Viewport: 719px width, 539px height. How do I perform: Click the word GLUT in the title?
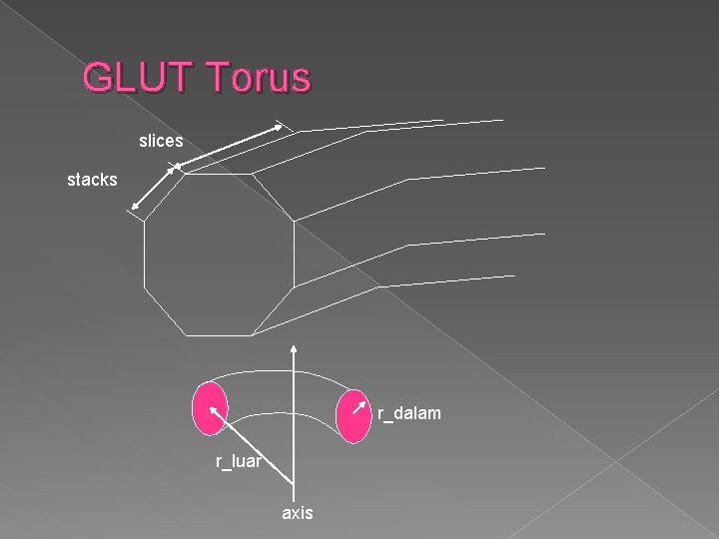(x=140, y=77)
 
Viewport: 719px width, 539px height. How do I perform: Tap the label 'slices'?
(x=161, y=143)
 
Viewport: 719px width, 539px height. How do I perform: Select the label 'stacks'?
(x=92, y=181)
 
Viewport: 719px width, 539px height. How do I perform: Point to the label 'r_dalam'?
(x=409, y=413)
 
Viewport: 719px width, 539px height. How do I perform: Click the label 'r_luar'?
(x=240, y=461)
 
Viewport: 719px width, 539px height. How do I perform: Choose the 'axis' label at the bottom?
(x=298, y=513)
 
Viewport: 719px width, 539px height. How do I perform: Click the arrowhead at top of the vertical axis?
(x=295, y=348)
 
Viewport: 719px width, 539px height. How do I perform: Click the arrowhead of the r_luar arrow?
(x=212, y=407)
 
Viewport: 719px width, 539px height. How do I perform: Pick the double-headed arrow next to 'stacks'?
(x=154, y=190)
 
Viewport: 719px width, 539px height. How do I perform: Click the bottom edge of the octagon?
(x=221, y=334)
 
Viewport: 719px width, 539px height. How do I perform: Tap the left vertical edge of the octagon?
(x=145, y=255)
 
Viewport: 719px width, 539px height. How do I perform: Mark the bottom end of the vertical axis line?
(x=295, y=496)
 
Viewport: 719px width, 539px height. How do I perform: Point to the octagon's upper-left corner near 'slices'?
(x=187, y=172)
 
